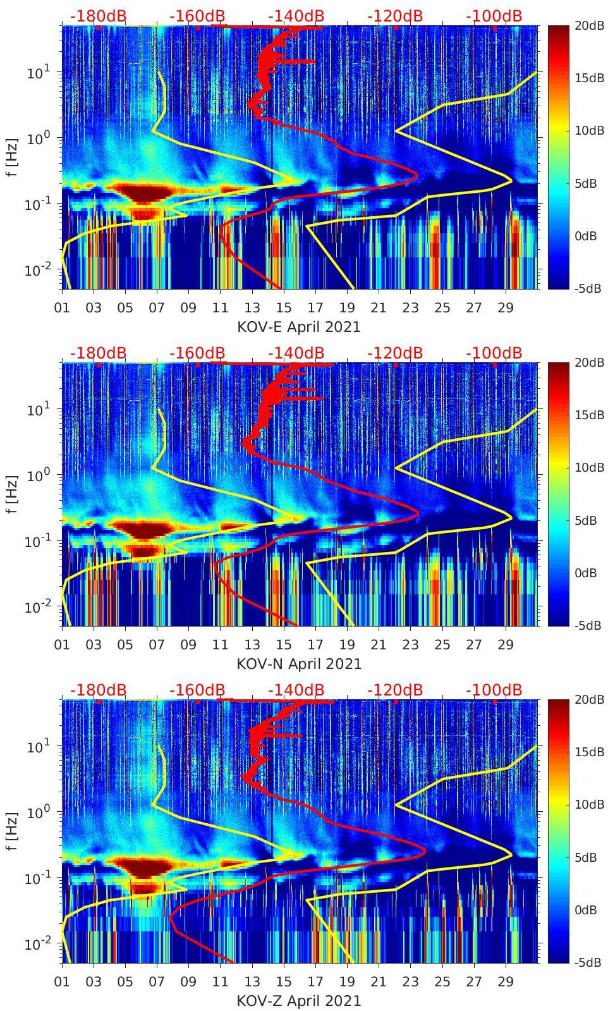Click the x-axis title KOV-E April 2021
[298, 327]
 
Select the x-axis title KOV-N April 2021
[298, 664]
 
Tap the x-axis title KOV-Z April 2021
[298, 1001]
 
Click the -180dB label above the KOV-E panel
[98, 16]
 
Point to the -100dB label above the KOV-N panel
[494, 353]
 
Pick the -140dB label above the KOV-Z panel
[296, 690]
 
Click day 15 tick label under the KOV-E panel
[284, 308]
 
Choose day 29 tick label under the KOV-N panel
[506, 645]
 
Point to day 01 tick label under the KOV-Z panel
[62, 982]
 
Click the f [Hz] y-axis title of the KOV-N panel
[11, 494]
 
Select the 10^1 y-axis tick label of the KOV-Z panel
[36, 747]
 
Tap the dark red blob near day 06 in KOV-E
[146, 192]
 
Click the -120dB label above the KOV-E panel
[395, 16]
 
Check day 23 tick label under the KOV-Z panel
[410, 982]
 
